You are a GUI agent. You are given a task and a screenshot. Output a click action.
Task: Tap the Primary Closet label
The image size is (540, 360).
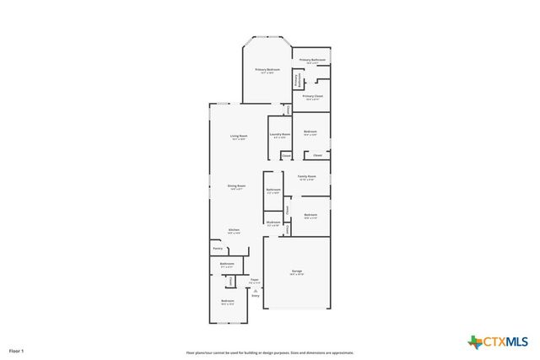click(x=311, y=97)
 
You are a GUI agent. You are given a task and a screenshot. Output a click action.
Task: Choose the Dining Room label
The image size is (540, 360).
click(x=236, y=186)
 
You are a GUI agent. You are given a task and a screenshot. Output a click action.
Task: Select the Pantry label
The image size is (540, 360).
click(x=217, y=249)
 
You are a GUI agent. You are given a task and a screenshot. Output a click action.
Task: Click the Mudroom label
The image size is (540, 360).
click(x=273, y=223)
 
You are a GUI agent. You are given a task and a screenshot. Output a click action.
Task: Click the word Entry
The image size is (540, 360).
click(x=255, y=296)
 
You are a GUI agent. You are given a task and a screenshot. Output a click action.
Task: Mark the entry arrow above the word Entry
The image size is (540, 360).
click(x=255, y=290)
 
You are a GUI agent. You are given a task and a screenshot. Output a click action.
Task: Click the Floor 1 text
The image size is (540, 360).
click(x=17, y=350)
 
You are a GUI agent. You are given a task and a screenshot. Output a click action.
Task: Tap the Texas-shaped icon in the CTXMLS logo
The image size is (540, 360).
click(x=475, y=341)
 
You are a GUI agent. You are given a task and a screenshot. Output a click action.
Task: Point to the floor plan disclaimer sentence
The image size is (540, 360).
click(x=270, y=352)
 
